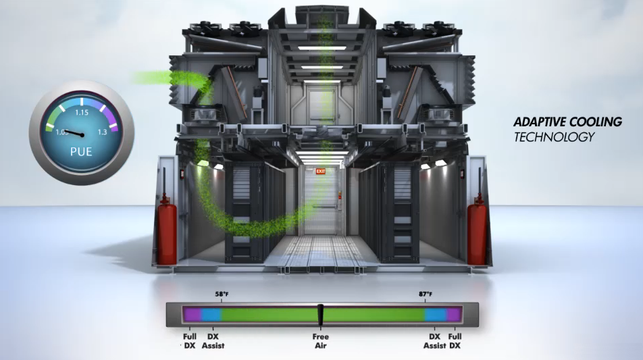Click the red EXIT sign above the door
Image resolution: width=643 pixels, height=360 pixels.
(x=320, y=171)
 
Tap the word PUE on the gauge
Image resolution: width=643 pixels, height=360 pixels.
(x=81, y=152)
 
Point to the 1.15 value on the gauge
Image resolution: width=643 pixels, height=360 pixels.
(x=82, y=112)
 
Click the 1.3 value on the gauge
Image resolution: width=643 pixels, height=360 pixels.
(x=102, y=132)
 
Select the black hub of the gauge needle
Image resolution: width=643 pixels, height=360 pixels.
(x=82, y=135)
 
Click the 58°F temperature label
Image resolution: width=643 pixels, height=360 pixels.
(x=222, y=294)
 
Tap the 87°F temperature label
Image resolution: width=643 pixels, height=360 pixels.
(x=426, y=294)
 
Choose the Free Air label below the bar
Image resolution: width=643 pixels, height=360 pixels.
(x=321, y=340)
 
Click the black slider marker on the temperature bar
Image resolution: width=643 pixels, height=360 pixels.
(x=321, y=315)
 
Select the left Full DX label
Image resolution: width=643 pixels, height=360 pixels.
(x=189, y=340)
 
